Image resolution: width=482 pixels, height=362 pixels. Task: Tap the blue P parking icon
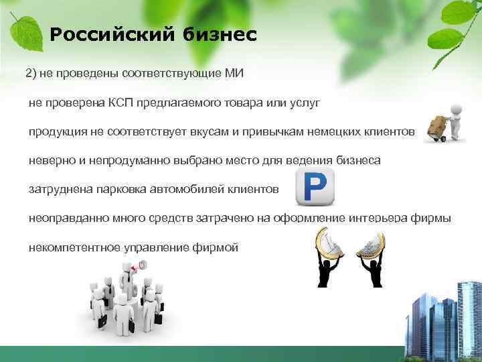click(x=314, y=188)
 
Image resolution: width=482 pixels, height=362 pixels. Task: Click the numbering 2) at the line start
click(x=31, y=72)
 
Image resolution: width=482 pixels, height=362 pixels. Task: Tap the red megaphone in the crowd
click(x=135, y=267)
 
